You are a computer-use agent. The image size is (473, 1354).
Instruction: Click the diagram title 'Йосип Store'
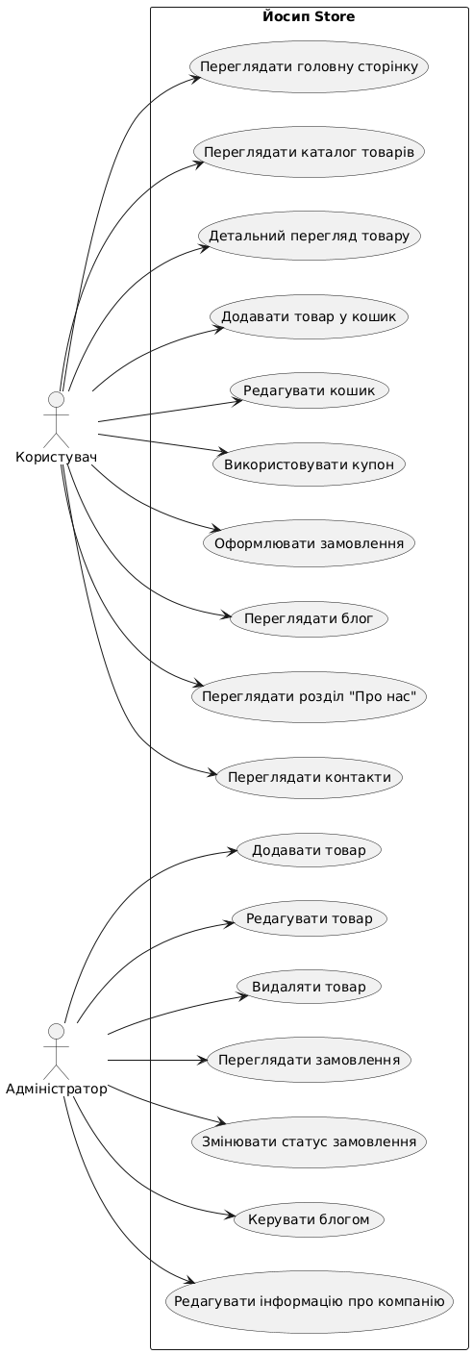[x=309, y=17]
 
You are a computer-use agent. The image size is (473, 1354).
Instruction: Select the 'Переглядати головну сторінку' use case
[x=309, y=66]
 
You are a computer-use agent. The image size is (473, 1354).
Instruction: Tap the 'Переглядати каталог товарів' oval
[x=309, y=152]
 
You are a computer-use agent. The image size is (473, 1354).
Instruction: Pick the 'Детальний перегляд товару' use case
[x=313, y=236]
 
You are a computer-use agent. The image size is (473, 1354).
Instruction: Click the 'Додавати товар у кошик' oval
[x=309, y=316]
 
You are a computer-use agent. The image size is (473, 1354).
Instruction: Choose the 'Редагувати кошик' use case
[x=309, y=390]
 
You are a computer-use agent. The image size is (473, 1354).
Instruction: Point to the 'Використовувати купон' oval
[x=309, y=464]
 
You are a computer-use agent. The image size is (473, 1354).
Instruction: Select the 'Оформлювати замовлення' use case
[x=309, y=542]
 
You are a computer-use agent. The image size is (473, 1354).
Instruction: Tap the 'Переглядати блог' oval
[x=309, y=618]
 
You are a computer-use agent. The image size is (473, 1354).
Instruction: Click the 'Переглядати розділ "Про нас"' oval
[x=309, y=696]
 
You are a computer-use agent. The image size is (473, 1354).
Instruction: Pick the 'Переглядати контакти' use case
[x=309, y=777]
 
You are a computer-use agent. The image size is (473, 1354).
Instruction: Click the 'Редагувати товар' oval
[x=309, y=918]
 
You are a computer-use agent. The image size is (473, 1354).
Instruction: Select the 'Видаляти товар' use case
[x=309, y=987]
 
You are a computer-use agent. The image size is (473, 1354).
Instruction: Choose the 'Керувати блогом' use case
[x=309, y=1219]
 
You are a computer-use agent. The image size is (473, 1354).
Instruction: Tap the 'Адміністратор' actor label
[x=57, y=1090]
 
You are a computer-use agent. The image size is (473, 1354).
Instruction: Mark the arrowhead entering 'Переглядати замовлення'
[x=203, y=1060]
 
